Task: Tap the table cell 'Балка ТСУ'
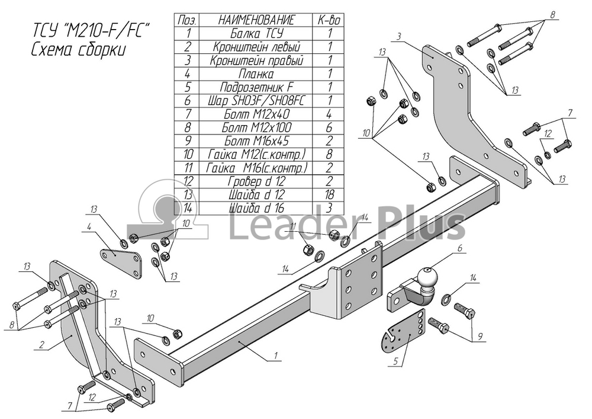(257, 33)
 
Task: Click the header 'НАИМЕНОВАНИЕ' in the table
(256, 20)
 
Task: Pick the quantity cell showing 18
(329, 194)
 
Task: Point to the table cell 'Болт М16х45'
(257, 141)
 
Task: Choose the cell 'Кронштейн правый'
(257, 60)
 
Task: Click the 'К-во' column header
(329, 20)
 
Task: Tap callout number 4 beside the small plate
(89, 227)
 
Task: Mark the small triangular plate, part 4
(121, 262)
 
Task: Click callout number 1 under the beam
(276, 356)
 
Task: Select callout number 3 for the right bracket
(398, 37)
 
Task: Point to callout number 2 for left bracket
(41, 344)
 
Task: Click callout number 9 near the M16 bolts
(480, 336)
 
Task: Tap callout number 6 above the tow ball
(460, 248)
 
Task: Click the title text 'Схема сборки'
(79, 50)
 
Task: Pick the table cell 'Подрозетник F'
(257, 87)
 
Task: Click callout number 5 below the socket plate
(395, 362)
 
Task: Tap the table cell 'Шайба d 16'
(257, 208)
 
